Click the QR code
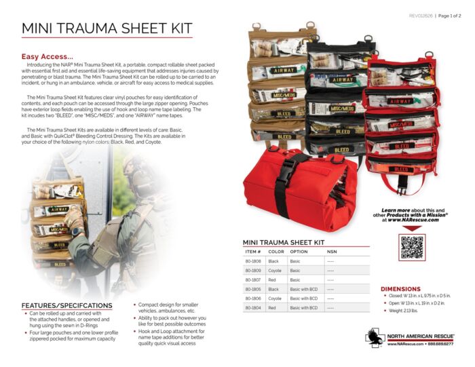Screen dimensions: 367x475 (412, 248)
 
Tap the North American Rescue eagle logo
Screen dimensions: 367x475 (375, 337)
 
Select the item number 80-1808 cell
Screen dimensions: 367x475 (253, 260)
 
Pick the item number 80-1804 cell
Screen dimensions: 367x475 (253, 307)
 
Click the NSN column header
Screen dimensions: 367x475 (331, 251)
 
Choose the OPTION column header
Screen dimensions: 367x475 (299, 251)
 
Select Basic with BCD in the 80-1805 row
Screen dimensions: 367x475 (303, 289)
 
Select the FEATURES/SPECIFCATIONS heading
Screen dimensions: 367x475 (66, 305)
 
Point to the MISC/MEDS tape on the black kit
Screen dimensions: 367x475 (341, 108)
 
